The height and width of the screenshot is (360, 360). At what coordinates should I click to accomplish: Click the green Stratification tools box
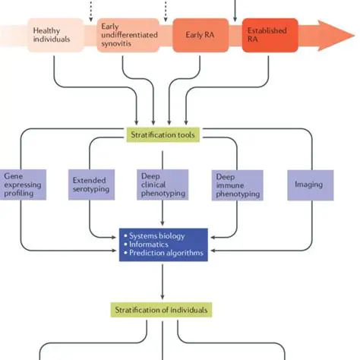click(163, 135)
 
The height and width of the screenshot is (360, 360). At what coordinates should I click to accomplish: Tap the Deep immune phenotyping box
click(235, 185)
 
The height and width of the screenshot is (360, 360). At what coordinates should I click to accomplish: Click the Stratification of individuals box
click(163, 310)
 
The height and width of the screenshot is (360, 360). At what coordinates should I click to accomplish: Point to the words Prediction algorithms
click(168, 254)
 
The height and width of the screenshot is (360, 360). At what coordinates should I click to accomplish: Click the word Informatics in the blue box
click(150, 245)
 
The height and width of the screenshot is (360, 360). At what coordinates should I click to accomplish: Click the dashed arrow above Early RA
click(166, 9)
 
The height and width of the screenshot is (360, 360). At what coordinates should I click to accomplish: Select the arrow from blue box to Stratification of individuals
click(163, 282)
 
